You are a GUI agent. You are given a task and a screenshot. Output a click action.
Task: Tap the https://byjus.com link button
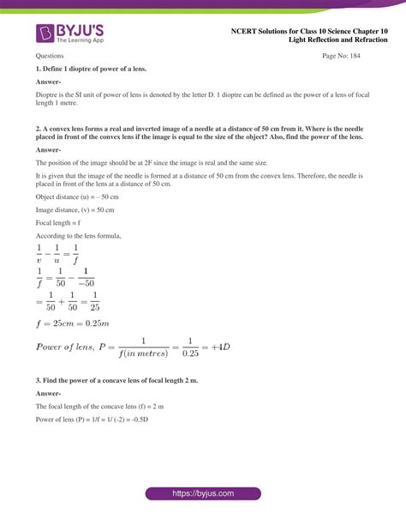pyautogui.click(x=202, y=495)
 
